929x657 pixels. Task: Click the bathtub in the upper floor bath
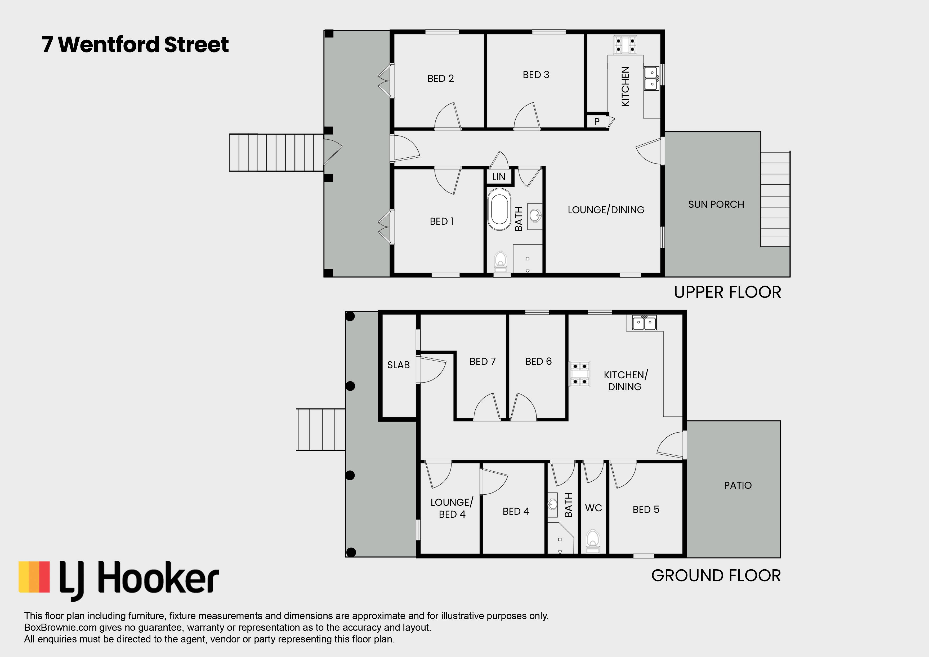499,209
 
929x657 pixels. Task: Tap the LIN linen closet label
498,177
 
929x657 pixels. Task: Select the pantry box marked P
597,121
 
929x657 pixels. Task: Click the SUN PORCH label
716,205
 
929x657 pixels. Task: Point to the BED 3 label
536,75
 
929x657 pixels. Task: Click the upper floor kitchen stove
625,45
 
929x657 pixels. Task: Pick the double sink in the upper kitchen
652,78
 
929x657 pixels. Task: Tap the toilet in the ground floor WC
593,541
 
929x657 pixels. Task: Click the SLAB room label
398,365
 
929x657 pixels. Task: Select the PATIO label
738,485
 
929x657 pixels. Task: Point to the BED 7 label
482,362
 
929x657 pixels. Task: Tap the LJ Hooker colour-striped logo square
34,577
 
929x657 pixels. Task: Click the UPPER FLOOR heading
727,292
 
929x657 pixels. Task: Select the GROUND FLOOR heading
716,576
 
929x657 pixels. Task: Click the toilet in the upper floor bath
501,261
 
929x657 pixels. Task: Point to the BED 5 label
646,510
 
